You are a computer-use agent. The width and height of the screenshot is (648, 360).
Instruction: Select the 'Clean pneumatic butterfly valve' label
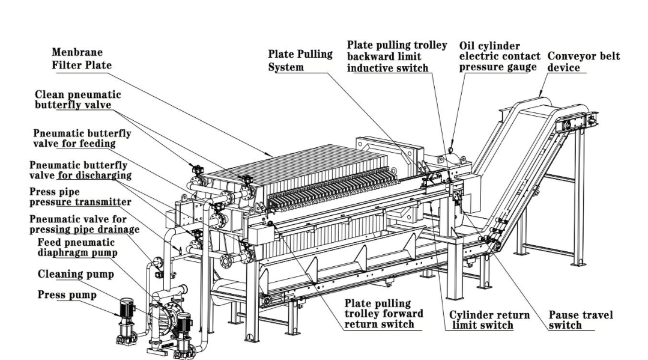[x=77, y=99]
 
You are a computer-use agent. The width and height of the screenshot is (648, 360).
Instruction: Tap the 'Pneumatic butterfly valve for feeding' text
[x=82, y=138]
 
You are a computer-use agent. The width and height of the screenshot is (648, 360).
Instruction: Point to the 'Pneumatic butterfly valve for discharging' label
[x=80, y=169]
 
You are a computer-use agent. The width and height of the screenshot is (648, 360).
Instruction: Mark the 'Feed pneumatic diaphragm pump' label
[x=77, y=247]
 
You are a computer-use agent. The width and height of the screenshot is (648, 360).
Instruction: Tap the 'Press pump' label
[x=67, y=295]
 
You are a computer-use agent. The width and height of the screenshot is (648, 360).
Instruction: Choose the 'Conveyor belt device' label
[x=583, y=61]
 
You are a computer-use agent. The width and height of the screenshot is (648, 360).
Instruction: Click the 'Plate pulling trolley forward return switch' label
[x=383, y=314]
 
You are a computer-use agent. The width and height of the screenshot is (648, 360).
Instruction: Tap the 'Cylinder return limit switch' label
[x=489, y=320]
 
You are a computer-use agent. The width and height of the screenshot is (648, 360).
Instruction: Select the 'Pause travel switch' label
[x=580, y=320]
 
